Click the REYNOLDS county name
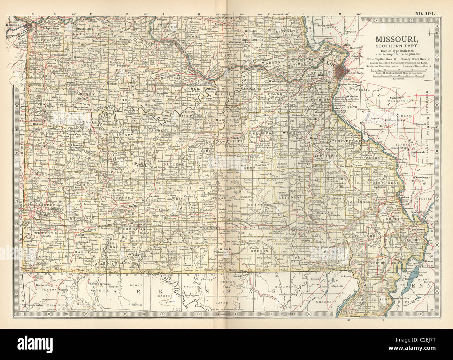coord(291,197)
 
